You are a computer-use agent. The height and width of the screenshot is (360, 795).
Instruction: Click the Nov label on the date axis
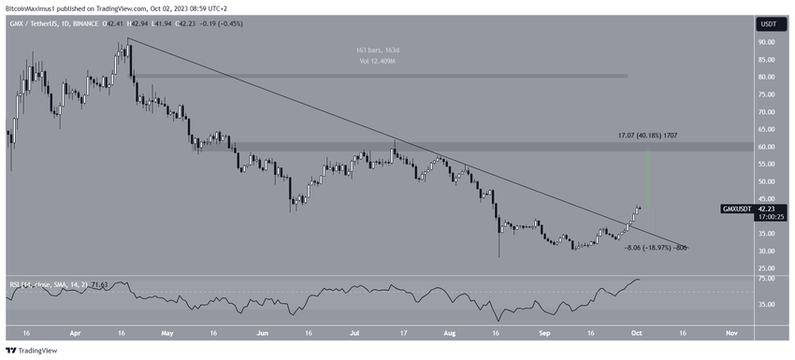pyautogui.click(x=730, y=331)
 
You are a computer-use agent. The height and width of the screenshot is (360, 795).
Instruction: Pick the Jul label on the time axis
pyautogui.click(x=356, y=331)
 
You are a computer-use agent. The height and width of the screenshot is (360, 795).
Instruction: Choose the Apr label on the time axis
pyautogui.click(x=77, y=331)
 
